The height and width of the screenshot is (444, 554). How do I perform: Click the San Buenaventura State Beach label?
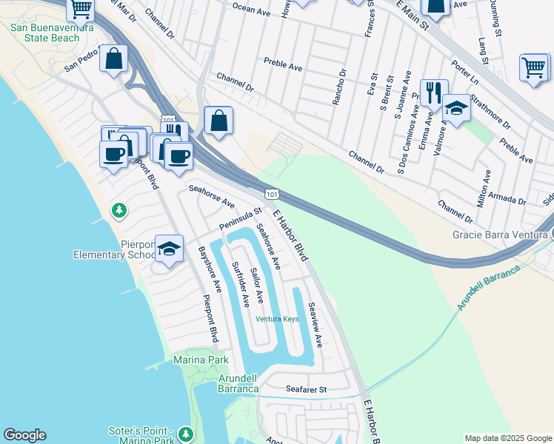44,33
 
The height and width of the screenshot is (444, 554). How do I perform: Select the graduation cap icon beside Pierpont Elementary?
170,248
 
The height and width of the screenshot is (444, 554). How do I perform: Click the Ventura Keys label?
277,319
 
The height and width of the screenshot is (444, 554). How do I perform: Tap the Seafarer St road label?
306,388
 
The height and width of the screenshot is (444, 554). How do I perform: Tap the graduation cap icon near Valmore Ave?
456,110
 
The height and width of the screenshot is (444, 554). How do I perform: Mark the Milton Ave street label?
486,187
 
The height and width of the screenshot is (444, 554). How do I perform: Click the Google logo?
24,435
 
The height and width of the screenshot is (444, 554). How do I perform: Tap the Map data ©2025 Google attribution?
508,438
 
